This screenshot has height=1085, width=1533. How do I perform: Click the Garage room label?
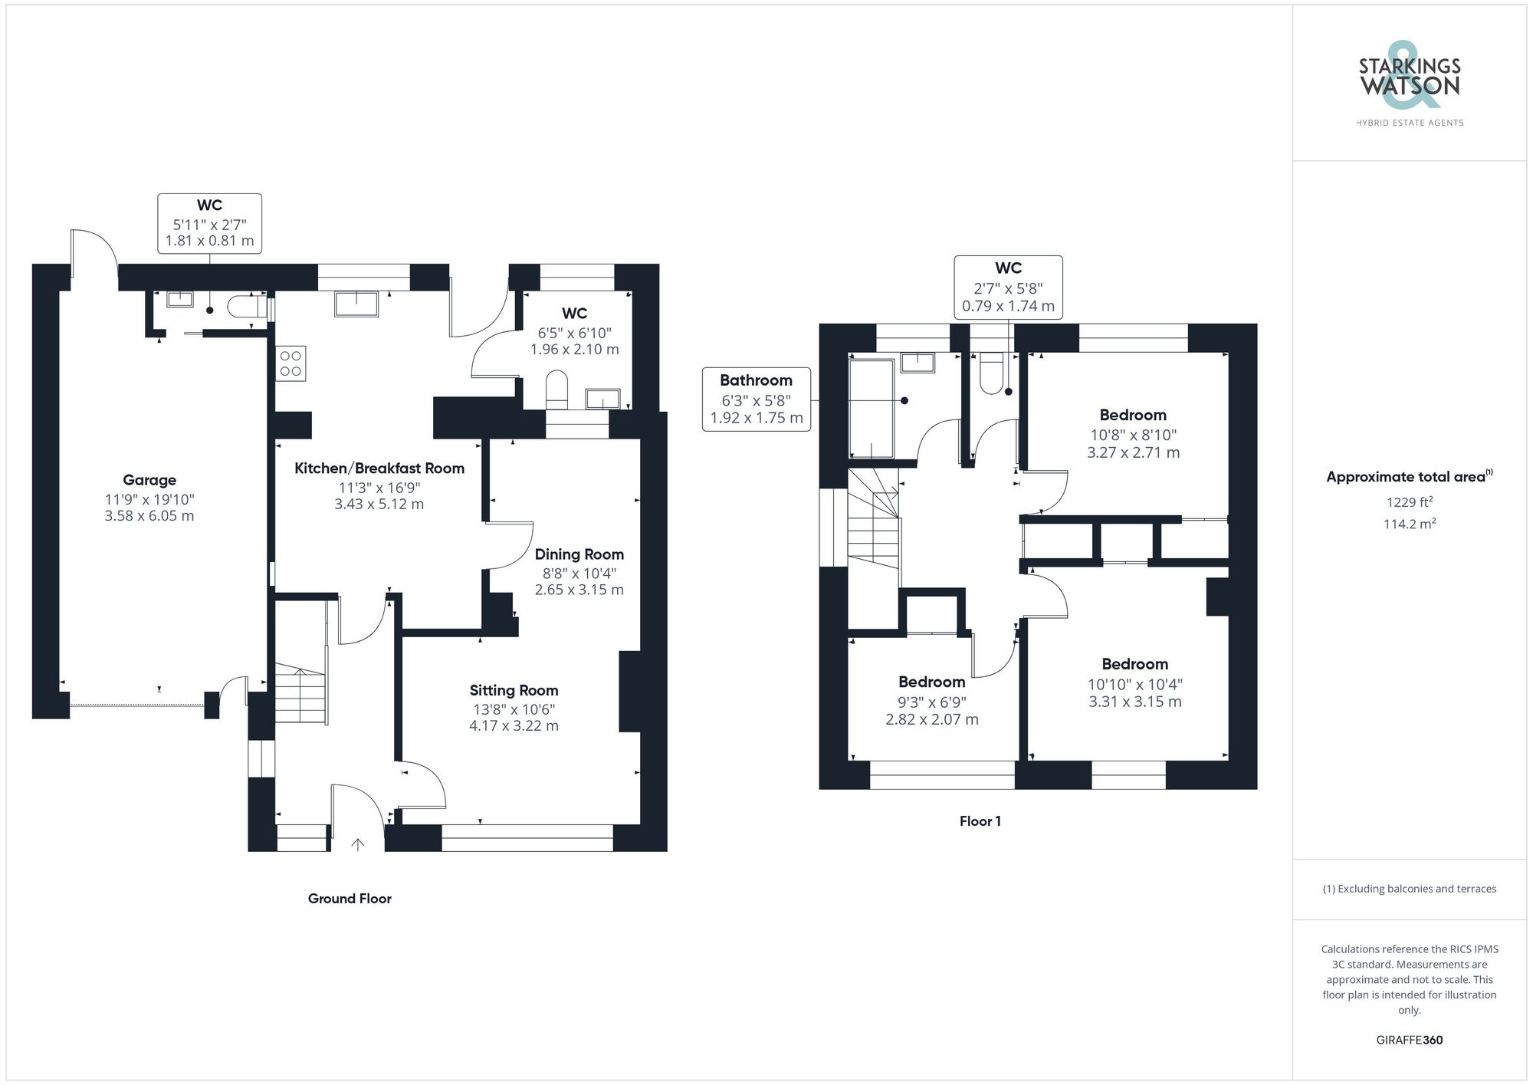149,480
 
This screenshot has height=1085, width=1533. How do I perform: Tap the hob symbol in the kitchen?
291,363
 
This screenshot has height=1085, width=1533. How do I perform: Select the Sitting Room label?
514,690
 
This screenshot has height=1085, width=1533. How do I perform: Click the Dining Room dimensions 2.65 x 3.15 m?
579,590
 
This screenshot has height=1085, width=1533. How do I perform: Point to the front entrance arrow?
357,844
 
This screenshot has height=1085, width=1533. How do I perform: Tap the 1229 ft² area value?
1409,502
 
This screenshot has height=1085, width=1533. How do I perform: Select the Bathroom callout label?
756,380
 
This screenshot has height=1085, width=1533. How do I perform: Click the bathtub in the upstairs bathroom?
872,408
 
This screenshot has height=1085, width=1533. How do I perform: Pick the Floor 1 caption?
980,821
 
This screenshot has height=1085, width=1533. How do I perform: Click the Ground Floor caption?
350,899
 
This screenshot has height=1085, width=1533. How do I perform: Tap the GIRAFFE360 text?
1409,1040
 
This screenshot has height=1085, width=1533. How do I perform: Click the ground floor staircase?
300,694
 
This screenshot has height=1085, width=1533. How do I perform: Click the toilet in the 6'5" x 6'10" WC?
556,389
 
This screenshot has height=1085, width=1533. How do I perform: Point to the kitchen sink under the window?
356,304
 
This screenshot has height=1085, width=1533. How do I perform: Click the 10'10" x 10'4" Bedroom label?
1134,664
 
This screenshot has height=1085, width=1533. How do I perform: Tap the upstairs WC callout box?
1008,287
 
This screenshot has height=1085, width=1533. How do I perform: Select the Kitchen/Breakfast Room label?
379,469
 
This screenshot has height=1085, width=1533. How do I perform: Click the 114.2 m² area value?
1409,524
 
